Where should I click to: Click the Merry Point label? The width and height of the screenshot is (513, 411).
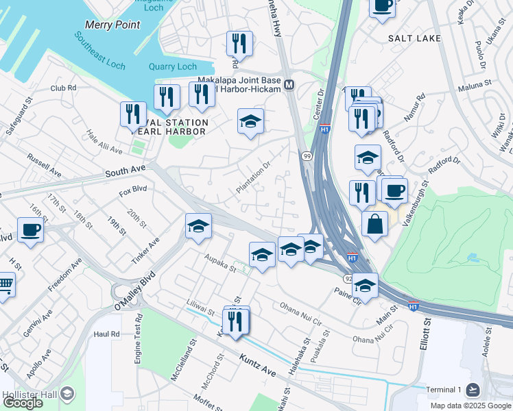[112, 25]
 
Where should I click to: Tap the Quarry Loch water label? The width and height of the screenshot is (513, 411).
[173, 66]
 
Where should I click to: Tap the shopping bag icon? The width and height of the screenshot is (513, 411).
[374, 223]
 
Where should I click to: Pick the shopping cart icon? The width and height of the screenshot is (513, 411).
[5, 282]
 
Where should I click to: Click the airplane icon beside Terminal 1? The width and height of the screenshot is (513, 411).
[472, 390]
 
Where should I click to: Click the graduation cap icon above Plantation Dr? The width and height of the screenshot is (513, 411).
[251, 121]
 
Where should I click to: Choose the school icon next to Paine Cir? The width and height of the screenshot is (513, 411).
[365, 285]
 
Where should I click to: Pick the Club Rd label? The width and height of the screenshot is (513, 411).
[62, 88]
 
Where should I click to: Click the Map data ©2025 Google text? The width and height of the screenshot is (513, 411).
[470, 406]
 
